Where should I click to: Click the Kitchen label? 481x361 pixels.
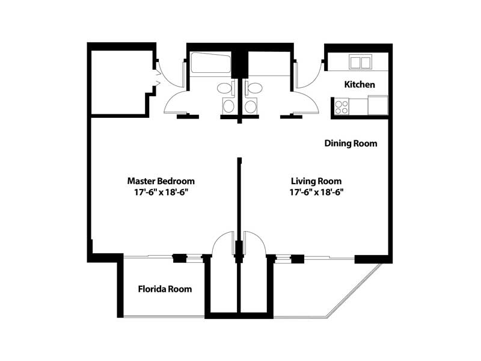360,84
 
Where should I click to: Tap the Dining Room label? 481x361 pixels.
351,143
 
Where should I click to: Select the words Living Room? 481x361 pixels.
316,181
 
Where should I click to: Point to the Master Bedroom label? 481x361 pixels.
161,181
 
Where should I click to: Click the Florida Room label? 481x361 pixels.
165,289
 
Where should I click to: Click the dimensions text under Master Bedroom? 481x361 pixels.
161,193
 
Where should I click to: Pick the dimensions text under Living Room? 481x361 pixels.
316,193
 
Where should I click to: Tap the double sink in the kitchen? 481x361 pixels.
360,62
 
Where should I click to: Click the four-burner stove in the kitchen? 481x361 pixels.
342,107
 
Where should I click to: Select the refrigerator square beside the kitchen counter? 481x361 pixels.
378,105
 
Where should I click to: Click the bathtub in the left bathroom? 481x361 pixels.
210,63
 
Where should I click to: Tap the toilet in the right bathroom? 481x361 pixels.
253,88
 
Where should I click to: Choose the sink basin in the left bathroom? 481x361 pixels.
228,106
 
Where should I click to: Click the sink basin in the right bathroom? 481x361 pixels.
250,106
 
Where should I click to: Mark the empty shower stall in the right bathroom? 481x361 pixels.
269,63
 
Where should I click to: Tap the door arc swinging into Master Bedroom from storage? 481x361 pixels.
222,243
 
